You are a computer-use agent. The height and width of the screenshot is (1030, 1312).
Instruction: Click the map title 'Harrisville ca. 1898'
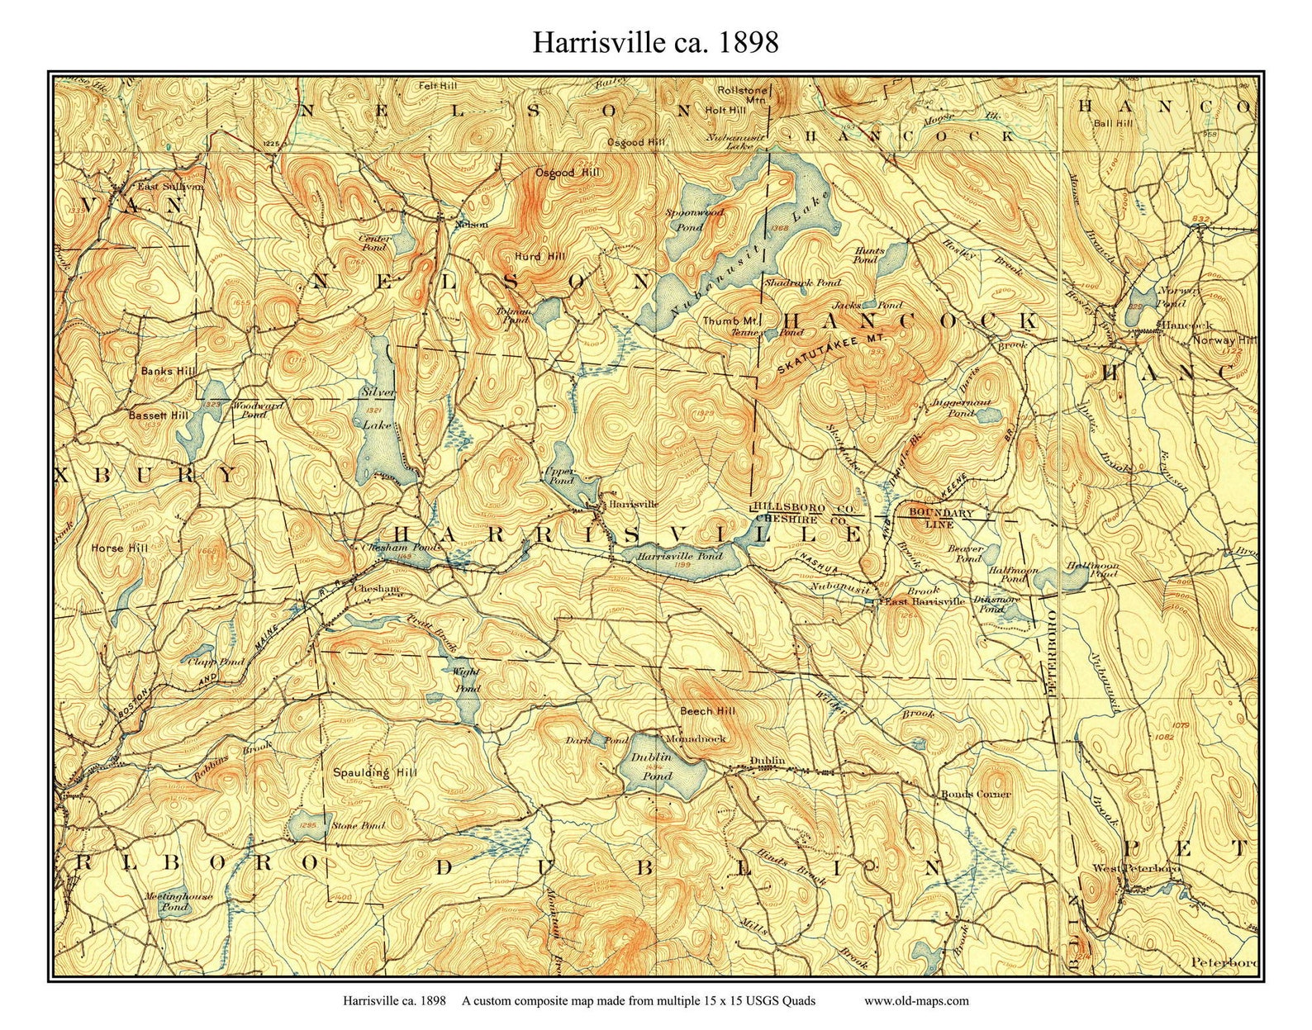coord(655,42)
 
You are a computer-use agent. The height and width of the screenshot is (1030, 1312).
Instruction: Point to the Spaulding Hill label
coord(374,773)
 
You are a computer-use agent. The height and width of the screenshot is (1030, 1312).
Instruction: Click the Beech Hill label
coord(707,710)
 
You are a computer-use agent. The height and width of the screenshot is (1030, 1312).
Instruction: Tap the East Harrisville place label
coord(925,602)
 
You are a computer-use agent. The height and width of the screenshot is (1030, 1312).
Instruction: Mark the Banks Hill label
coord(169,371)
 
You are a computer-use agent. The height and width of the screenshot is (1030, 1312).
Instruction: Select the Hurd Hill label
coord(540,256)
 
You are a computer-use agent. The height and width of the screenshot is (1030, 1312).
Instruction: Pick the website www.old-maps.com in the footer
coord(916,1001)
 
